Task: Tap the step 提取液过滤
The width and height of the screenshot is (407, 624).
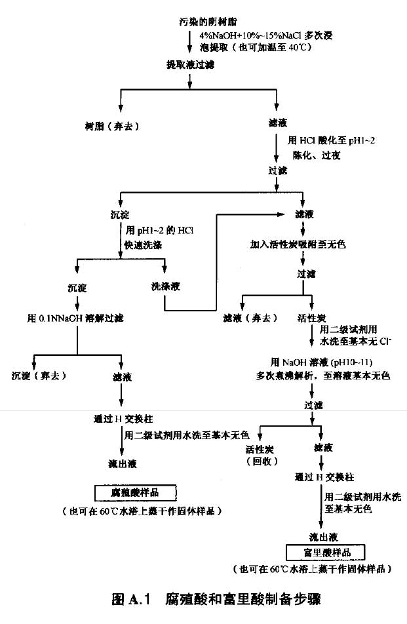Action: (x=190, y=65)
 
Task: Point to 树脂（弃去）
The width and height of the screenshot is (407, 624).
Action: (x=112, y=125)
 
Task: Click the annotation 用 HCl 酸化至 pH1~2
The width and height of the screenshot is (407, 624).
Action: (x=331, y=140)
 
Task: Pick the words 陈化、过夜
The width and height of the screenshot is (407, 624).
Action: (x=316, y=155)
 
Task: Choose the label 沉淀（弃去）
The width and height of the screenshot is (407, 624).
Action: (x=43, y=376)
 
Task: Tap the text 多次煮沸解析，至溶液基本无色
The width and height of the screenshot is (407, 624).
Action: (x=322, y=376)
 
